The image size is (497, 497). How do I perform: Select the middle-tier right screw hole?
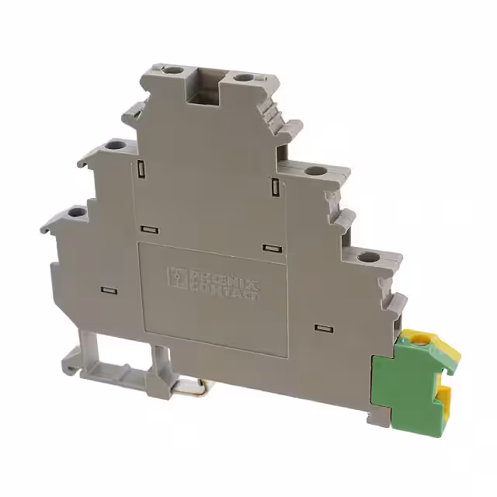[314, 172]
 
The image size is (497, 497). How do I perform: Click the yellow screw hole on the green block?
[420, 339]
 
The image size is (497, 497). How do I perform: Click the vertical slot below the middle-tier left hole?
[141, 169]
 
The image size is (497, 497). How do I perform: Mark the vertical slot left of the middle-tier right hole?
[276, 186]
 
